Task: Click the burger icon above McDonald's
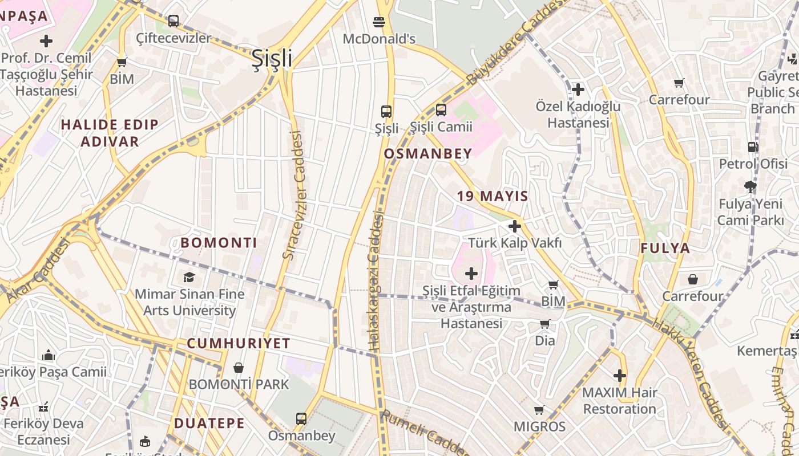pos(379,22)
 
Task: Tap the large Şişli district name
pos(272,59)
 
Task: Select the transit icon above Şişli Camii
pos(441,110)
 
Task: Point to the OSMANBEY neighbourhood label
pos(428,153)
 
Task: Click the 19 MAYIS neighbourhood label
pos(493,196)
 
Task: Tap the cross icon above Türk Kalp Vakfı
pos(515,226)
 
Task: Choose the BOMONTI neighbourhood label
pos(219,243)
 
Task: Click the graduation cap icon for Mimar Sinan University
pos(189,277)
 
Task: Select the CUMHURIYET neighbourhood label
pos(239,343)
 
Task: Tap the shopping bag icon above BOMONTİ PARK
pos(239,368)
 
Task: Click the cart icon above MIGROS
pos(539,410)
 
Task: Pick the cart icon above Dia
pos(544,324)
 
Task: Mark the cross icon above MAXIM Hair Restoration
pos(620,376)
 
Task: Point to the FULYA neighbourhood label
pos(665,248)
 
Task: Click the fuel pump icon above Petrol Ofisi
pos(753,147)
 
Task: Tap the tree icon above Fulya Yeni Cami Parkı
pos(750,187)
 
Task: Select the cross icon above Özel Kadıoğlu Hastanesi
pos(578,89)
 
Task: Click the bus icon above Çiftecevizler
pos(173,21)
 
